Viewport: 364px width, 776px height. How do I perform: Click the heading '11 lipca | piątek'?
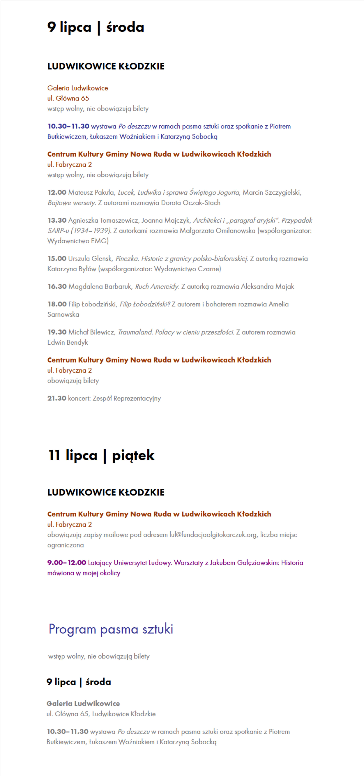(x=101, y=455)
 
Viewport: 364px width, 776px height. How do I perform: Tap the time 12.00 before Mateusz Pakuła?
(x=57, y=192)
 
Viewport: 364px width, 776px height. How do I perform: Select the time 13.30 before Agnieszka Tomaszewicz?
(x=57, y=220)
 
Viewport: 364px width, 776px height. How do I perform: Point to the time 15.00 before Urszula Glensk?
(x=57, y=258)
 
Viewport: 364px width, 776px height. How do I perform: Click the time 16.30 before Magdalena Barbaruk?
(x=57, y=286)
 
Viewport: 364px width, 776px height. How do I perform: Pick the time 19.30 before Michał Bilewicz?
(x=57, y=332)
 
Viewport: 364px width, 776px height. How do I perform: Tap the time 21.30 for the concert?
(x=57, y=398)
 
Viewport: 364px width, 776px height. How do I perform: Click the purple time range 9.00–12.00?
(x=67, y=562)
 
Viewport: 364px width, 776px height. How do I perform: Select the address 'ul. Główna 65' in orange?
(x=68, y=98)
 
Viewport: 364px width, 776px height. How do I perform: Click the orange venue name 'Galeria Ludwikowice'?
(x=78, y=88)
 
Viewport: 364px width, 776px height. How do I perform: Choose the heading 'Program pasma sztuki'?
(x=111, y=629)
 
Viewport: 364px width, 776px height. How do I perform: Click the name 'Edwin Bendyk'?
(x=68, y=342)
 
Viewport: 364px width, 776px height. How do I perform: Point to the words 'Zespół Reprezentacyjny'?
(x=127, y=398)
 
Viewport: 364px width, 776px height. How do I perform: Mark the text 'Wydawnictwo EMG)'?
(x=78, y=241)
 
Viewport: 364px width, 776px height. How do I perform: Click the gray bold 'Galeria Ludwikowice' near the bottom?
(x=83, y=703)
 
